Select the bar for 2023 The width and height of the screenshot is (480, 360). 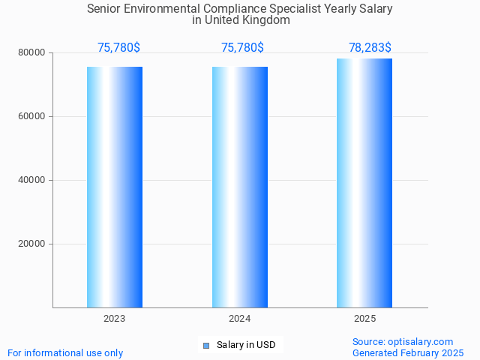pyautogui.click(x=115, y=187)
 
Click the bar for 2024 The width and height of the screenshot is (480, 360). pyautogui.click(x=240, y=187)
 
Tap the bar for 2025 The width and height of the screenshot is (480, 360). pyautogui.click(x=364, y=183)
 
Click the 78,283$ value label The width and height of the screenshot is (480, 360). pyautogui.click(x=370, y=48)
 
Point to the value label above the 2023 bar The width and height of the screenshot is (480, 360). pyautogui.click(x=118, y=48)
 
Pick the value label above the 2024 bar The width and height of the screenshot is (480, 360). pyautogui.click(x=242, y=48)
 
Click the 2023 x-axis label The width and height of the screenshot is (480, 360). pyautogui.click(x=115, y=319)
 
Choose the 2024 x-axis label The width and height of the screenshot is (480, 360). pyautogui.click(x=240, y=319)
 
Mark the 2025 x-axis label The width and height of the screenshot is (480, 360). pyautogui.click(x=364, y=319)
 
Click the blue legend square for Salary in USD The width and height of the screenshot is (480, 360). pyautogui.click(x=206, y=346)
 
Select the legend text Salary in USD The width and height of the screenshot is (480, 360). pyautogui.click(x=246, y=346)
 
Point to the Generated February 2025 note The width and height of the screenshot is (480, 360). pyautogui.click(x=408, y=353)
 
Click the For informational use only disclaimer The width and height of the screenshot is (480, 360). pyautogui.click(x=65, y=353)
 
